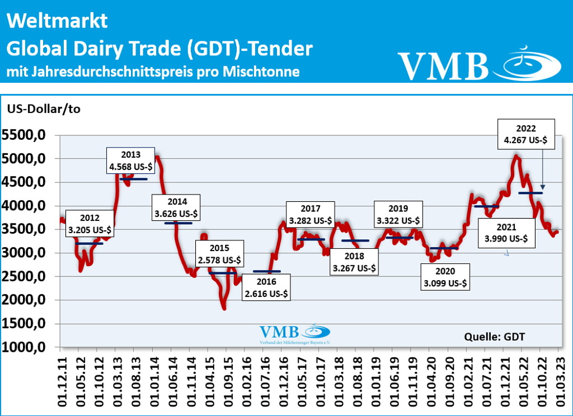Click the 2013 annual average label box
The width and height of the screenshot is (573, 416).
tap(131, 161)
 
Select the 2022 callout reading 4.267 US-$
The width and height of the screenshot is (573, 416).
tap(526, 134)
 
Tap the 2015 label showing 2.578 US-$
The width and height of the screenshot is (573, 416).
tap(219, 254)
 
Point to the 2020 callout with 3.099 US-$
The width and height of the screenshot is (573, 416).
tap(445, 277)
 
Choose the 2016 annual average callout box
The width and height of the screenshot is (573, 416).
tap(266, 287)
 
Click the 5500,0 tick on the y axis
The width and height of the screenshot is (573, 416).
tap(24, 135)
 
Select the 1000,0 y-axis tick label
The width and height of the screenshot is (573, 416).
tap(24, 347)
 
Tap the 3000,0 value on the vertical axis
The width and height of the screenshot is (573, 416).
tap(24, 253)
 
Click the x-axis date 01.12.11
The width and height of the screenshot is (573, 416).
tap(62, 382)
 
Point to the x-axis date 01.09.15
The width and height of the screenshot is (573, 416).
tap(228, 382)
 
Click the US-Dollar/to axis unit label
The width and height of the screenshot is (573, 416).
tap(44, 109)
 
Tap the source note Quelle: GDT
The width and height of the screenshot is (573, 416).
tap(494, 337)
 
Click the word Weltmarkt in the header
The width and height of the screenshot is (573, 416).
tap(57, 21)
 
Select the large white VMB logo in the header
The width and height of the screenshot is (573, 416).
tap(479, 65)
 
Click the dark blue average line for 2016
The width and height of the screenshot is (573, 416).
tap(267, 271)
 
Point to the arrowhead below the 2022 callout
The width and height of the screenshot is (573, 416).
tap(543, 187)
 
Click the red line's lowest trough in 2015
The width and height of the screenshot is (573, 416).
tap(224, 308)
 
